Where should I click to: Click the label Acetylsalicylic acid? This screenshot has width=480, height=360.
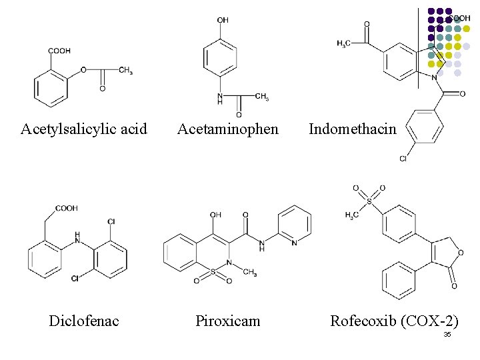coord(84,129)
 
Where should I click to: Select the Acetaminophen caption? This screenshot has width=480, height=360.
coord(228,129)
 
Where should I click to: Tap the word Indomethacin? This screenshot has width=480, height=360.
coord(353,129)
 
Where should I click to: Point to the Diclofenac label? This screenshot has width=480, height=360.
coord(84,321)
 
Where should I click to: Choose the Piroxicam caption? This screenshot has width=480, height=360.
coord(228,321)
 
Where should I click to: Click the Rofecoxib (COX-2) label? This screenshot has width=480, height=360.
coord(395,321)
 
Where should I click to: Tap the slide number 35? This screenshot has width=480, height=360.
coord(447,334)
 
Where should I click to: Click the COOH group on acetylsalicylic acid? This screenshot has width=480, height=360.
coord(59,51)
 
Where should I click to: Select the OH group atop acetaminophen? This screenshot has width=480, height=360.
coord(223,21)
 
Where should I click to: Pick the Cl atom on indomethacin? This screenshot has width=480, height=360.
coord(403,159)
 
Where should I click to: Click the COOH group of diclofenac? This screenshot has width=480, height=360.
coord(66,208)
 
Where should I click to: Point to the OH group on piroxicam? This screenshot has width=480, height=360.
coord(215,215)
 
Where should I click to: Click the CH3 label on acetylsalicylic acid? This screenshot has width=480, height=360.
coord(125,70)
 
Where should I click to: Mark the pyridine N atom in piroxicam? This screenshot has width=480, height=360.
coord(295,243)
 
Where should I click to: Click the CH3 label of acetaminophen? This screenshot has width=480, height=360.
coord(261,97)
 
